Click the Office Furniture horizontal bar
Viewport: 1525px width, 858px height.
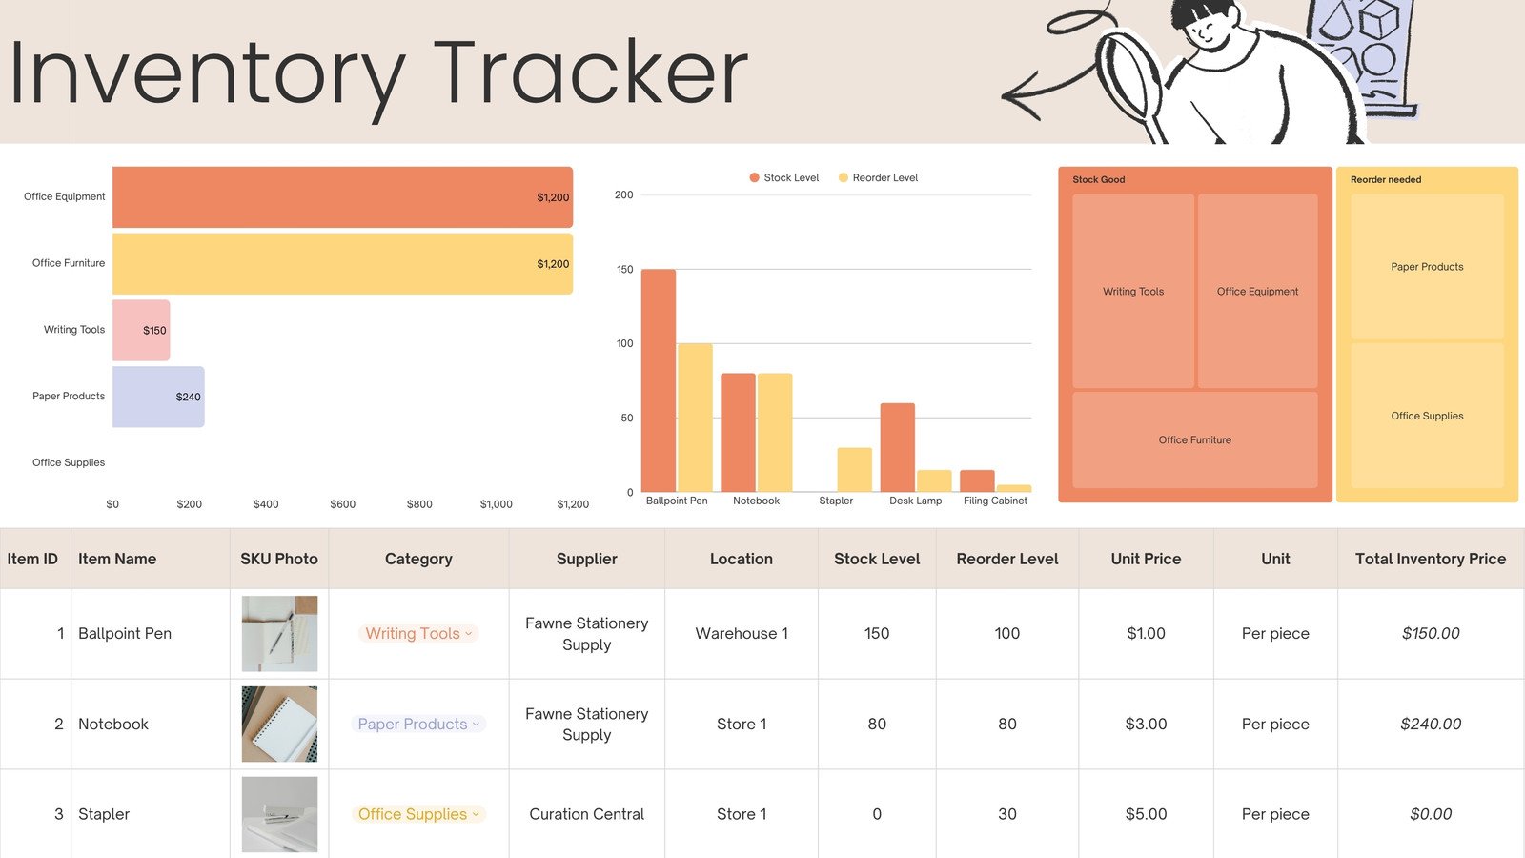click(342, 264)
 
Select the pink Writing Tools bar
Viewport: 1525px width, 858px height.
click(141, 331)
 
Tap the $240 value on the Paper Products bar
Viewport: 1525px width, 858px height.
click(188, 397)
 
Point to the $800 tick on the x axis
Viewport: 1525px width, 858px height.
click(419, 504)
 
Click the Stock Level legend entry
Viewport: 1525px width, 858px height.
click(784, 178)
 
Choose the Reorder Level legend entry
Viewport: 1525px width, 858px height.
click(878, 178)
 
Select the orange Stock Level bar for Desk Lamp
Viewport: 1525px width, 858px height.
click(897, 447)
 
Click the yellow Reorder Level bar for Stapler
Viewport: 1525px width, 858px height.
click(854, 470)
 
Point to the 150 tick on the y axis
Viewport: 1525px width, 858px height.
click(624, 270)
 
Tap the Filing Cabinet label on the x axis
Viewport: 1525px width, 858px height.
click(995, 500)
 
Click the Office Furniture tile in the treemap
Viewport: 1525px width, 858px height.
click(1194, 439)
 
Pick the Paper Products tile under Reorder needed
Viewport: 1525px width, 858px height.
click(1427, 267)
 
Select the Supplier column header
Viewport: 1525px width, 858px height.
click(586, 559)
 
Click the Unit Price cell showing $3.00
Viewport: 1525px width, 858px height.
click(1146, 725)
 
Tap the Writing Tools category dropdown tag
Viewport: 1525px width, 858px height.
click(418, 634)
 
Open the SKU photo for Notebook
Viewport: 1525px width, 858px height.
click(279, 725)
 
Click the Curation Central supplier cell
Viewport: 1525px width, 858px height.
click(586, 814)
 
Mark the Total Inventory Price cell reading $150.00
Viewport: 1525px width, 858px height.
click(1430, 634)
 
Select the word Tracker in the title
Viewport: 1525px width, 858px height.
click(591, 74)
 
